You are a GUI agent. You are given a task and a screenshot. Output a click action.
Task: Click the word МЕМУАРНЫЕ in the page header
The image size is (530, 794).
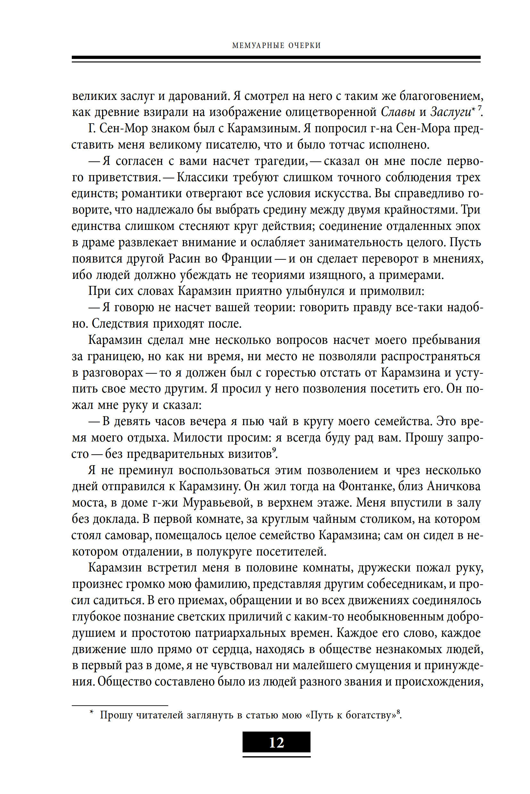point(258,45)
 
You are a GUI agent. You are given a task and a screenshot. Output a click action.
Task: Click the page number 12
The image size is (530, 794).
point(277,743)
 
